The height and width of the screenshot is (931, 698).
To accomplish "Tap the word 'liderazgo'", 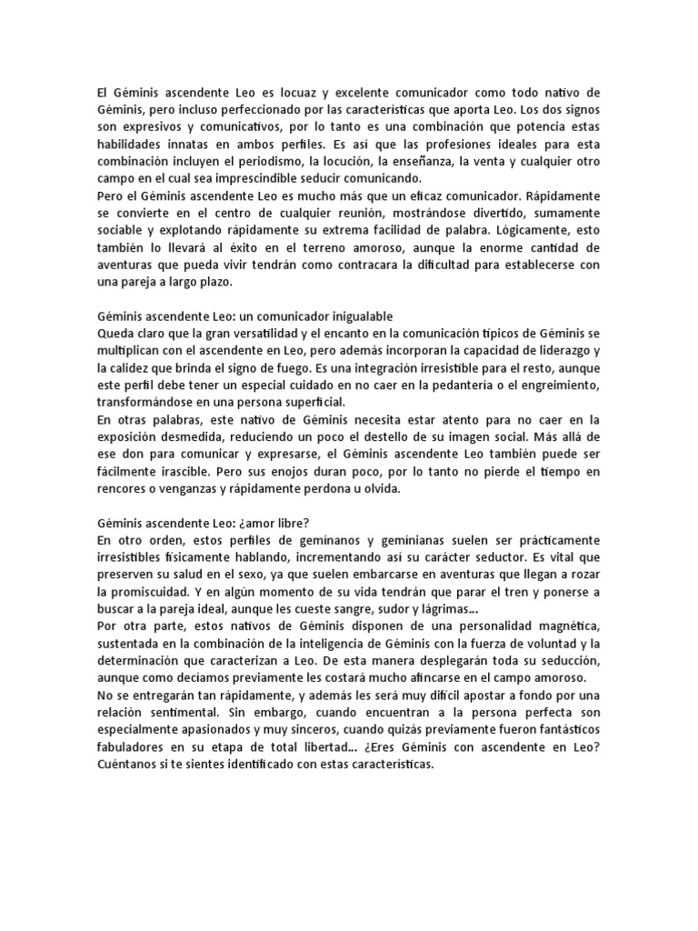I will point(560,350).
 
